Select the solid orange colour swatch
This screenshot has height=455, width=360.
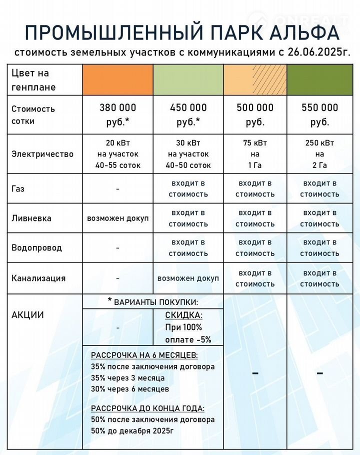pyautogui.click(x=117, y=80)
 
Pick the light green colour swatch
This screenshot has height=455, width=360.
pyautogui.click(x=188, y=80)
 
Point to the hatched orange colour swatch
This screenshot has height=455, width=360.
pyautogui.click(x=255, y=80)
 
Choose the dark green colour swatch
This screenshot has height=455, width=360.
pyautogui.click(x=320, y=80)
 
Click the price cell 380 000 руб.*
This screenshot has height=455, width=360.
pyautogui.click(x=117, y=114)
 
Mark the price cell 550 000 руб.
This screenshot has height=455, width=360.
pyautogui.click(x=320, y=114)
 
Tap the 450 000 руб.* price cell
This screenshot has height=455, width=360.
pyautogui.click(x=188, y=114)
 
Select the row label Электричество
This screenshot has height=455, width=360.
pyautogui.click(x=42, y=154)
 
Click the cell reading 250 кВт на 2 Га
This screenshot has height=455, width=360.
pyautogui.click(x=320, y=154)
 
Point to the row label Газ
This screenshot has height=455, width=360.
pyautogui.click(x=18, y=189)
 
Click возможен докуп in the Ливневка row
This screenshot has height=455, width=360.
pyautogui.click(x=118, y=218)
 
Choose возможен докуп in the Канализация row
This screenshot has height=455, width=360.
pyautogui.click(x=188, y=278)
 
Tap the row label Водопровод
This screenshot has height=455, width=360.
pyautogui.click(x=36, y=248)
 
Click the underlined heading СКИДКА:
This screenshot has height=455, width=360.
pyautogui.click(x=184, y=315)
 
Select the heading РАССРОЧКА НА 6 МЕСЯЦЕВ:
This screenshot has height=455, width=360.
pyautogui.click(x=144, y=355)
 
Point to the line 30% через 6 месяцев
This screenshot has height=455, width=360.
pyautogui.click(x=130, y=388)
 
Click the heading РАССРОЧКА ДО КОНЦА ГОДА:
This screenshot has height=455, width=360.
pyautogui.click(x=148, y=408)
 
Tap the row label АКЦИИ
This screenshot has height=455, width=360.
pyautogui.click(x=27, y=315)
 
